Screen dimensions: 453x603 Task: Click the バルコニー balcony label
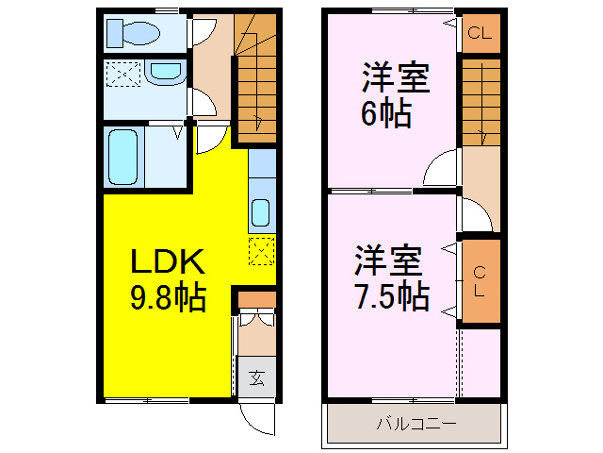point(416,425)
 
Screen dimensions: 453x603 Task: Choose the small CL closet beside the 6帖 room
point(480,34)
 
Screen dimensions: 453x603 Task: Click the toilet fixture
point(136,34)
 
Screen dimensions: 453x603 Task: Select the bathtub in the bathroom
point(123,157)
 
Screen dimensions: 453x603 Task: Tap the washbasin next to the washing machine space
point(166,73)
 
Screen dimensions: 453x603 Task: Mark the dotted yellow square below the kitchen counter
point(261,251)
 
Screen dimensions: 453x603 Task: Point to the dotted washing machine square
point(122,74)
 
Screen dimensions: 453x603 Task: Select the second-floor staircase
point(480,99)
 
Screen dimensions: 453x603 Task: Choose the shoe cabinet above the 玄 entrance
point(255,300)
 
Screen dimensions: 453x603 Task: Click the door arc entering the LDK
point(210,140)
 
